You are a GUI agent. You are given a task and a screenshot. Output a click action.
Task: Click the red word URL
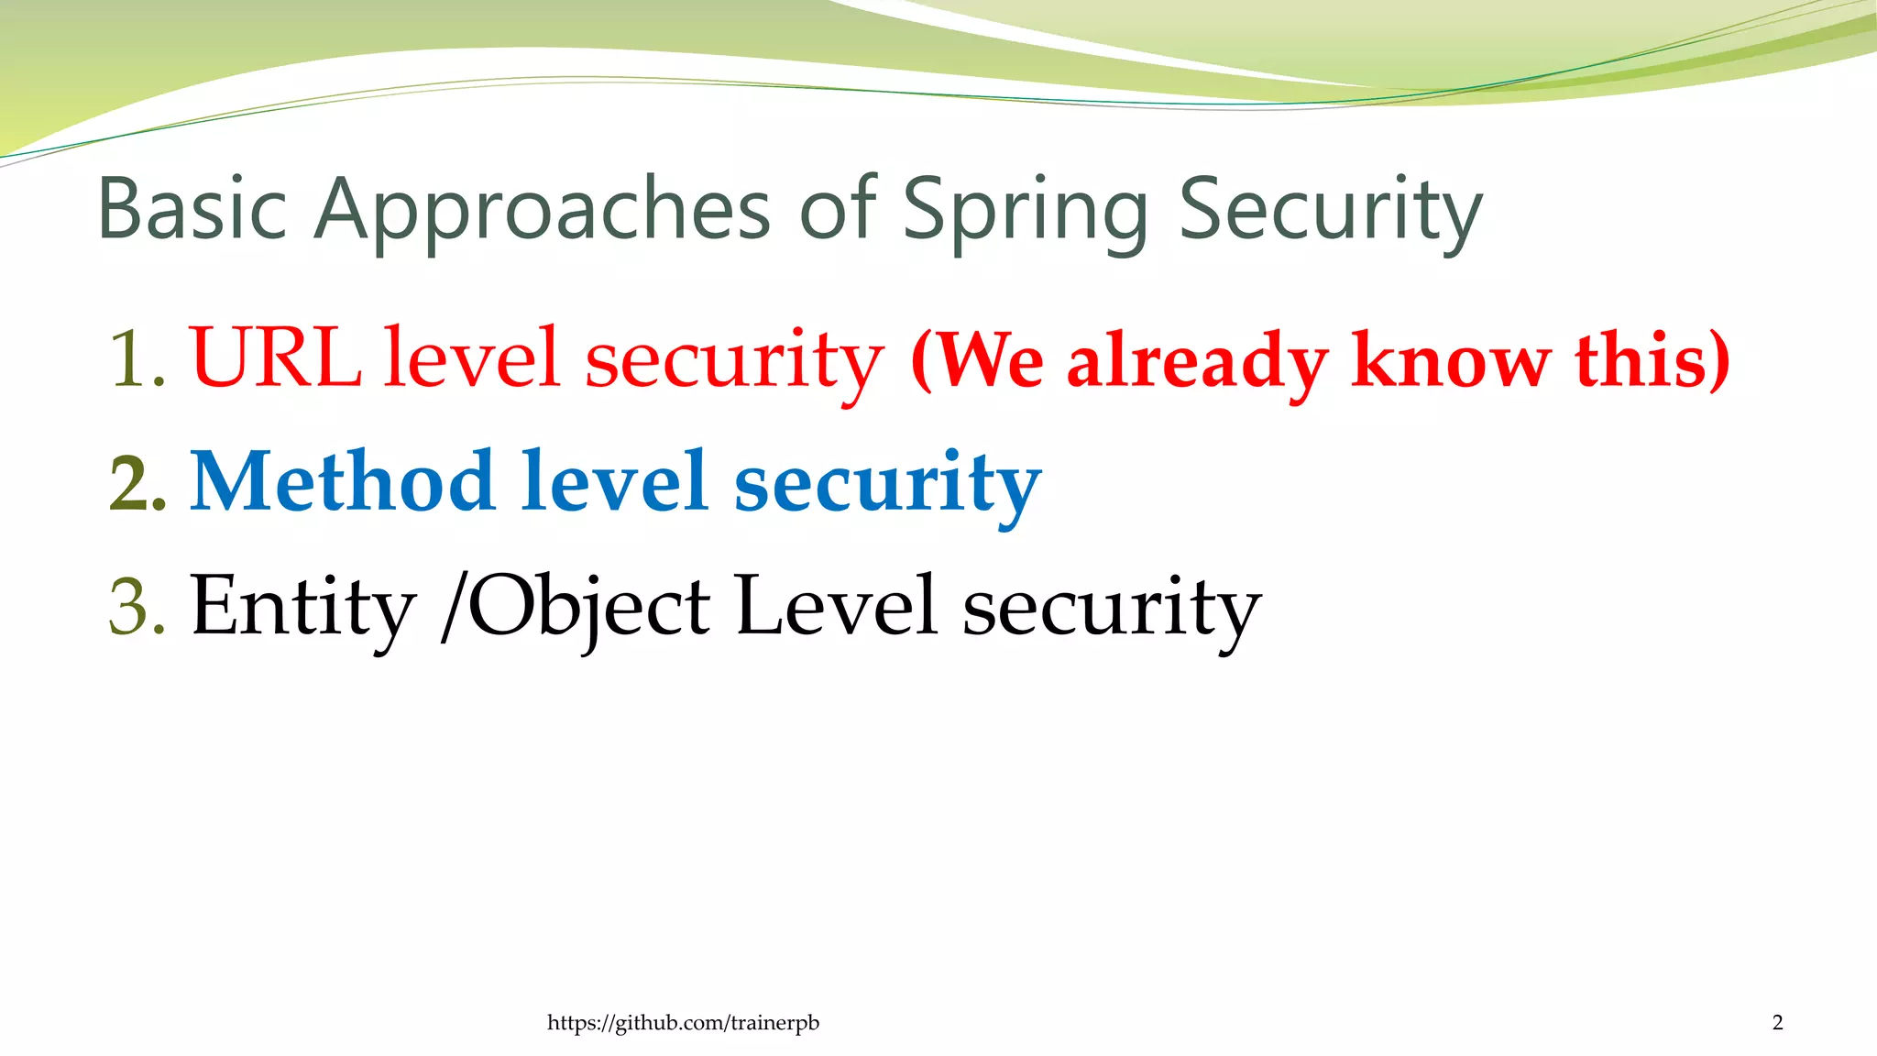pos(276,357)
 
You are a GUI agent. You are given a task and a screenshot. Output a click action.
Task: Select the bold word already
pos(1197,363)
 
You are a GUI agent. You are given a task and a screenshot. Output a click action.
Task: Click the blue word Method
pos(343,482)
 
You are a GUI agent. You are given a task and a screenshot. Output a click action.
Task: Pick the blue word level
pos(615,482)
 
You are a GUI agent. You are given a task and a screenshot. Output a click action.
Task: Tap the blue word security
pos(887,486)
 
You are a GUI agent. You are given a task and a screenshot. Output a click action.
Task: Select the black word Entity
pos(303,607)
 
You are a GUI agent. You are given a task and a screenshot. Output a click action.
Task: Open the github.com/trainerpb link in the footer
pos(683,1023)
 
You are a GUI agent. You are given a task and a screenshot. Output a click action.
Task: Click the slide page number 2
pos(1777,1023)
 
